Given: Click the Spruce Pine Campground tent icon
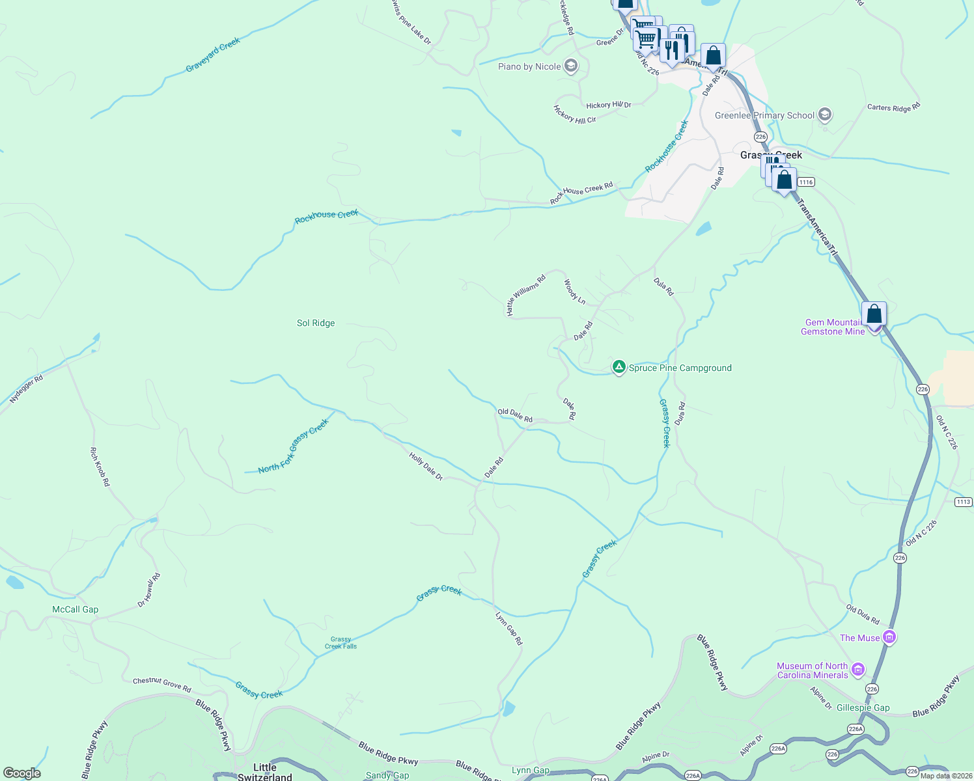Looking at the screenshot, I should coord(619,368).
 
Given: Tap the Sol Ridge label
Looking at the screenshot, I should coord(316,323).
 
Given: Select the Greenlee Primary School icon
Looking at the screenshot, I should coord(825,115).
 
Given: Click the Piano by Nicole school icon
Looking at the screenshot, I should coord(571,66).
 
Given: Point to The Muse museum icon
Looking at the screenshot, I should coord(889,638).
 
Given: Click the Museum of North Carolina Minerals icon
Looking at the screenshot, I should coord(859,670).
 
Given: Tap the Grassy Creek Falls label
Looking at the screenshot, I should coord(341,643).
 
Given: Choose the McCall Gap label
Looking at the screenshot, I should coord(76,609).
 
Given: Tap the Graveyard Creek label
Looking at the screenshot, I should coord(213,55).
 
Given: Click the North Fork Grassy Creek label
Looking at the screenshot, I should coord(294,446).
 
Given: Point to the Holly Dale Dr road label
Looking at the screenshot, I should coord(426,467).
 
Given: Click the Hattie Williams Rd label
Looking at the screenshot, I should coord(525,295).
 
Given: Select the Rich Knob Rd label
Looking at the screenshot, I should coord(100,466).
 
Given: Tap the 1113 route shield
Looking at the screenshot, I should coord(964,502).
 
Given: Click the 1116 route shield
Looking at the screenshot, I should coord(806,182).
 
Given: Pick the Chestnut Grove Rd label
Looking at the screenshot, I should coord(162,684).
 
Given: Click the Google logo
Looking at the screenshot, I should coord(21,773).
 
